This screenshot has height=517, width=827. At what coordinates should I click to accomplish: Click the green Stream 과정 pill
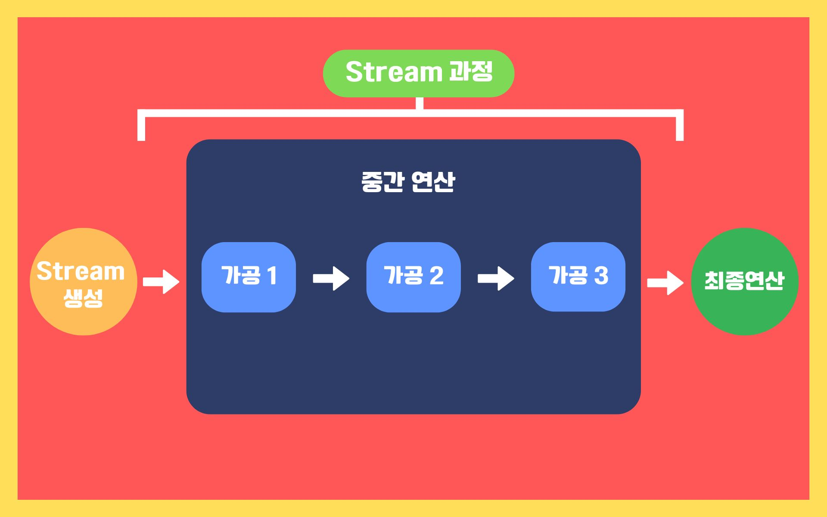click(x=418, y=73)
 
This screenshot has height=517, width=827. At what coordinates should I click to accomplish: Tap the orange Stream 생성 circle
click(x=83, y=281)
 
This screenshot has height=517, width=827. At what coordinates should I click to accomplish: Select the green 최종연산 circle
click(x=744, y=281)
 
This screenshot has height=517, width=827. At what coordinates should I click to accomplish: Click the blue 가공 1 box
click(x=249, y=277)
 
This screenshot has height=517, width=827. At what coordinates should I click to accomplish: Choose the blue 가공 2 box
click(x=413, y=277)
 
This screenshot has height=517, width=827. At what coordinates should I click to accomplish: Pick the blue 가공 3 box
click(x=578, y=277)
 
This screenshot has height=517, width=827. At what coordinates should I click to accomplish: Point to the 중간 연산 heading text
click(x=408, y=182)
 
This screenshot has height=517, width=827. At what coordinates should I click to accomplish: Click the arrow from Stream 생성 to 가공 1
click(x=161, y=282)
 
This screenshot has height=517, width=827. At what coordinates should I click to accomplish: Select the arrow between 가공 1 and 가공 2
click(x=331, y=278)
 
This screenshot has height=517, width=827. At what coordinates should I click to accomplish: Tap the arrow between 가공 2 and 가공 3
click(x=496, y=278)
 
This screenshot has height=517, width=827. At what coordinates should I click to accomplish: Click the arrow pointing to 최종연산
click(x=665, y=283)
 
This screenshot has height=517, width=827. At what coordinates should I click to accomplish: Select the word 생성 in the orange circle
click(x=83, y=297)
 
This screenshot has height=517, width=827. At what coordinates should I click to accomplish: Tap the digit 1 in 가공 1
click(x=272, y=276)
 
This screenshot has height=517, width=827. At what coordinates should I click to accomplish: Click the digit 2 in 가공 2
click(x=436, y=276)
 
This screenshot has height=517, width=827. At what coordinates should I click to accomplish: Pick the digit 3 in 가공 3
click(x=601, y=276)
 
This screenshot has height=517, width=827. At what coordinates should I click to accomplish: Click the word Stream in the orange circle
click(x=81, y=271)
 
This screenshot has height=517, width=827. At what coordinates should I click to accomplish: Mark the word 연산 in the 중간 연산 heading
click(x=433, y=182)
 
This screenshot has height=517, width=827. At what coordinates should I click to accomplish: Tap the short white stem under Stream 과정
click(x=420, y=103)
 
